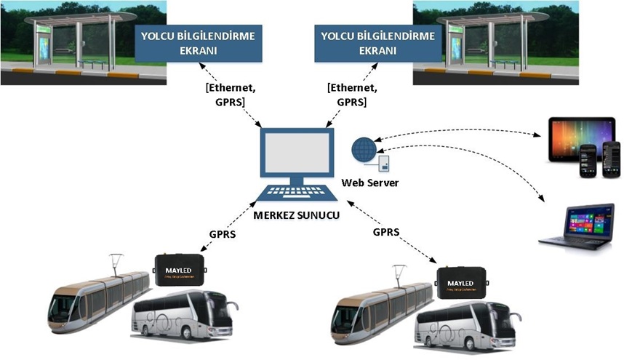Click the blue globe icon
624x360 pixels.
[364, 148]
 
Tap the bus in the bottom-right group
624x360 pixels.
[465, 324]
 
